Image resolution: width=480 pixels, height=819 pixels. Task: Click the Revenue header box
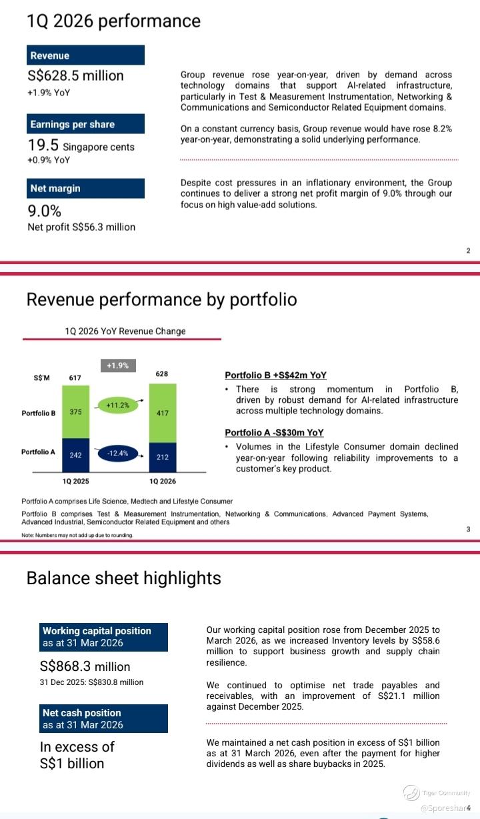click(x=85, y=55)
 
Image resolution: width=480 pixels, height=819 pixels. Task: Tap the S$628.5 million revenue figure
click(x=76, y=75)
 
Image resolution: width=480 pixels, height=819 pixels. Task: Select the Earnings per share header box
click(x=85, y=124)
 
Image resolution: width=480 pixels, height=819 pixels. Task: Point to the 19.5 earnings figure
click(x=43, y=145)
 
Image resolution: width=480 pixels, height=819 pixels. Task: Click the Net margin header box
click(x=85, y=188)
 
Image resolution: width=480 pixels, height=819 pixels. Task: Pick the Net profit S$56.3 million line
click(x=81, y=227)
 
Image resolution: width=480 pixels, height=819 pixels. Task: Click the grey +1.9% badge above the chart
click(x=118, y=365)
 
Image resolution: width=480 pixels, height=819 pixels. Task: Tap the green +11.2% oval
click(x=118, y=405)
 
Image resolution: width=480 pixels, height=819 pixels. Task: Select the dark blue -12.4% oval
click(x=118, y=454)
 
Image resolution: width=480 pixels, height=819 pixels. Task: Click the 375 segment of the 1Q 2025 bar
click(x=76, y=412)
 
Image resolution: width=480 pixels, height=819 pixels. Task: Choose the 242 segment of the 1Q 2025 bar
click(x=76, y=456)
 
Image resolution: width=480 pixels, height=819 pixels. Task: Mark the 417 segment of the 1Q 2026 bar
click(x=163, y=413)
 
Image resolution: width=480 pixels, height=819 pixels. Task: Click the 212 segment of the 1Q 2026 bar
click(x=163, y=458)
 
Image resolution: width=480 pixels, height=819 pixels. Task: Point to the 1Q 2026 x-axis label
click(x=163, y=481)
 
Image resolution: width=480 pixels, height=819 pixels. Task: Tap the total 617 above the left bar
click(x=75, y=377)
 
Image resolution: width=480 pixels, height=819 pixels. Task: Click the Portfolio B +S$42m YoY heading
click(x=275, y=375)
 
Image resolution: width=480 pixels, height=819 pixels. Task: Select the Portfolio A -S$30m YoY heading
click(x=274, y=433)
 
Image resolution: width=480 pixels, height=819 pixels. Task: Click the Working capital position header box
click(x=103, y=637)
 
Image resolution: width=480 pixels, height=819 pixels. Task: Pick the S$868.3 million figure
click(x=85, y=666)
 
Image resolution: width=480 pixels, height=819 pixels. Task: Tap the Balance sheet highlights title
click(x=123, y=578)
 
